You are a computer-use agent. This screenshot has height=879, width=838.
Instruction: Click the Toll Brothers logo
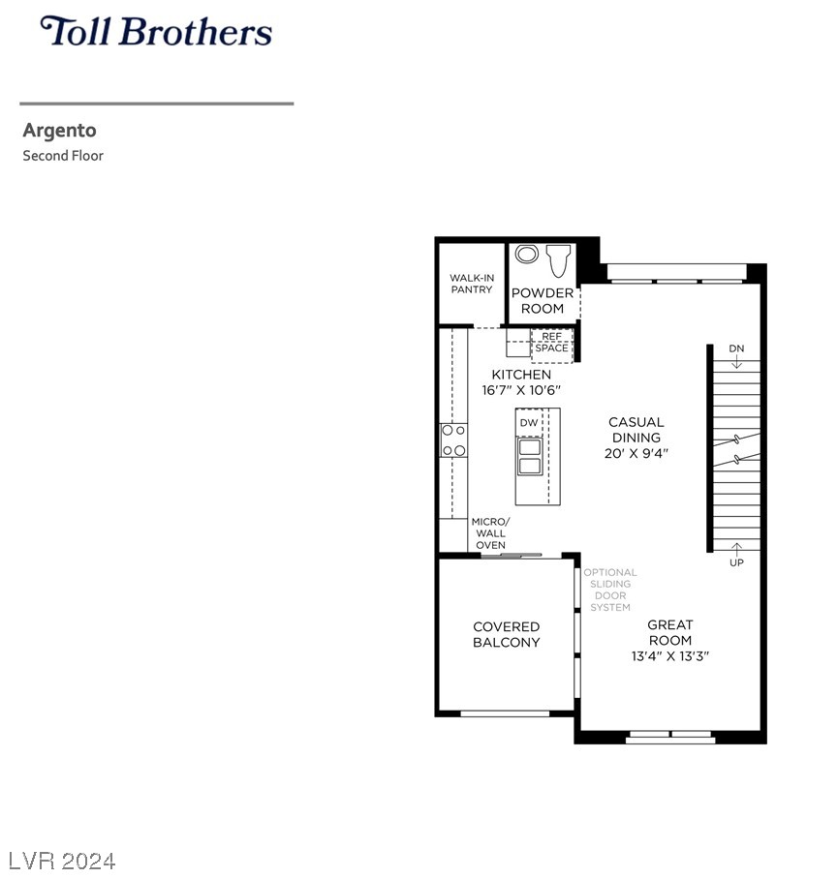(156, 31)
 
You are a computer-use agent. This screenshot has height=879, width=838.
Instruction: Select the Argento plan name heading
(59, 131)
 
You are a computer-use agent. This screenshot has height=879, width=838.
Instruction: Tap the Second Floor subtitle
(63, 155)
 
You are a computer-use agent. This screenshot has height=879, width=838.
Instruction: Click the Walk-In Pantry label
(472, 284)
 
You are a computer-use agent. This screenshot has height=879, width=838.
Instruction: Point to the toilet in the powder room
(558, 260)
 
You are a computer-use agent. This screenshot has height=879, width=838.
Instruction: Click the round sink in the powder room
(527, 254)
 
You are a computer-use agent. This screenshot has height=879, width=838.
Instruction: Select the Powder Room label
(543, 300)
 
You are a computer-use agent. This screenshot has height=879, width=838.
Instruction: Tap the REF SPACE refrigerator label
(551, 342)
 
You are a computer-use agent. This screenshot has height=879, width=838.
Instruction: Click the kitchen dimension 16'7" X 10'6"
(521, 389)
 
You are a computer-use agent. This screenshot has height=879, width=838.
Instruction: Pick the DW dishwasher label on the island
(529, 423)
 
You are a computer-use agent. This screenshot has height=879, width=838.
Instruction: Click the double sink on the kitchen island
(530, 457)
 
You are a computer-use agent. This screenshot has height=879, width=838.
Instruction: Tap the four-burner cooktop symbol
(453, 440)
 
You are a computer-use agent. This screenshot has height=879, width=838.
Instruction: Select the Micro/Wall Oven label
(491, 533)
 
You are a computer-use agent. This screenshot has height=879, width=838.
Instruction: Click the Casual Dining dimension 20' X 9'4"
(636, 453)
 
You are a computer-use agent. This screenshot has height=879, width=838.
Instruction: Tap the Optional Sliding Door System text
(610, 590)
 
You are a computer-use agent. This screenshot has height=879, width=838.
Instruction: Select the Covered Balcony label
(506, 635)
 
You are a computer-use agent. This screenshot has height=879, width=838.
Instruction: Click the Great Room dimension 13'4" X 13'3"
(670, 656)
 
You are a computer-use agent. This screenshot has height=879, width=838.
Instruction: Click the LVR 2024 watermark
(62, 861)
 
